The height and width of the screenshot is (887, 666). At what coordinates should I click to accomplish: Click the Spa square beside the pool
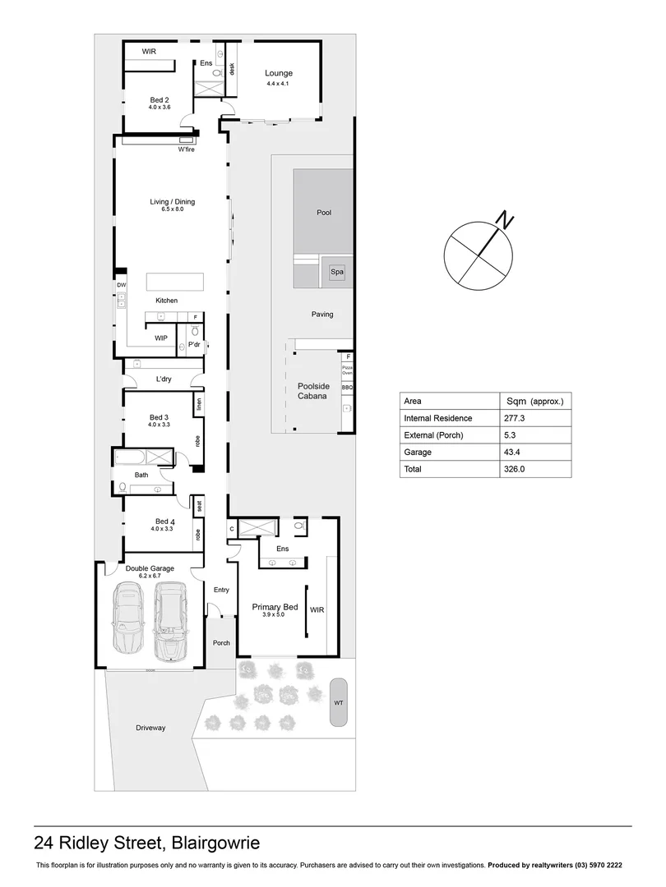click(337, 272)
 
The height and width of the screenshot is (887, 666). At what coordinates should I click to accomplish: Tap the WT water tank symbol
click(338, 702)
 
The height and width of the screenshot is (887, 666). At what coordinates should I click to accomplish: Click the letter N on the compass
click(505, 221)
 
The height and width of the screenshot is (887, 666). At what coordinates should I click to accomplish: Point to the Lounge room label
click(278, 74)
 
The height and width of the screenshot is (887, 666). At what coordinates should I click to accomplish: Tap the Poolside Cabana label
click(312, 391)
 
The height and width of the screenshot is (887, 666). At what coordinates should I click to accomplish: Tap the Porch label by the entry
click(221, 642)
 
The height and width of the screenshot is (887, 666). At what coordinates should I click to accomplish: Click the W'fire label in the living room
click(187, 149)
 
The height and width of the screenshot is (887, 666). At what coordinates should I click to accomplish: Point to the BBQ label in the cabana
click(347, 386)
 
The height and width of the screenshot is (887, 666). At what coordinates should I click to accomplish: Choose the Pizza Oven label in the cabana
click(347, 370)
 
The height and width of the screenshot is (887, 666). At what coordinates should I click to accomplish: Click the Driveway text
click(150, 728)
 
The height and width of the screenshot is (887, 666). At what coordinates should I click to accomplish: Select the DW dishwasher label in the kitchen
click(121, 285)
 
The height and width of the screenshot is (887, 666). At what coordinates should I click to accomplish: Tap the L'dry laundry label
click(164, 379)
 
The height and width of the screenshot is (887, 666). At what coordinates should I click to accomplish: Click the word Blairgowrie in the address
click(215, 843)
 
